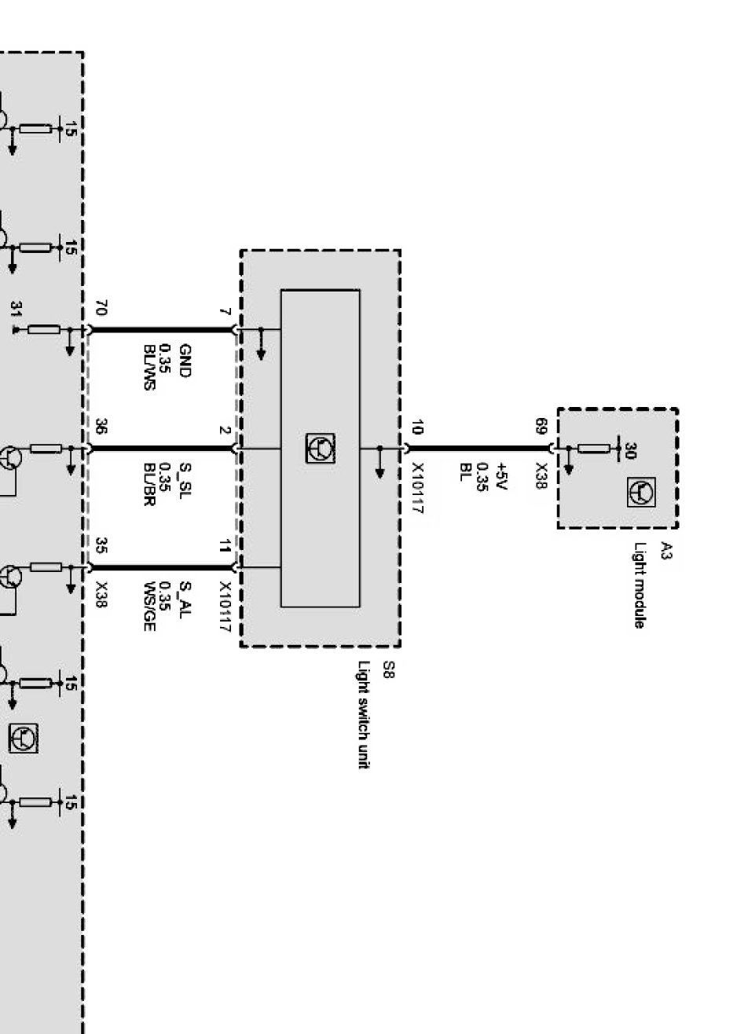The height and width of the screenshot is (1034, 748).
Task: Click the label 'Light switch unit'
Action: click(363, 714)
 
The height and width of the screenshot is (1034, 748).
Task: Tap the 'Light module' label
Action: click(640, 585)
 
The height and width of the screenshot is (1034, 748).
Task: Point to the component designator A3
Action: click(666, 550)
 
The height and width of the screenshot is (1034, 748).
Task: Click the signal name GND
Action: click(185, 360)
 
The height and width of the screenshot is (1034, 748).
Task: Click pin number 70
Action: click(101, 307)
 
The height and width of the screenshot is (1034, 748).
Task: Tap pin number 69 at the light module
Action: click(541, 427)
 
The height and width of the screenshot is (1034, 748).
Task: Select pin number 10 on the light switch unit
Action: click(416, 428)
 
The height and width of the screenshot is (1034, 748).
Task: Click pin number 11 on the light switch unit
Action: click(225, 546)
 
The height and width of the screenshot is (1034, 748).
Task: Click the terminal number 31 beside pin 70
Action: click(15, 311)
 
